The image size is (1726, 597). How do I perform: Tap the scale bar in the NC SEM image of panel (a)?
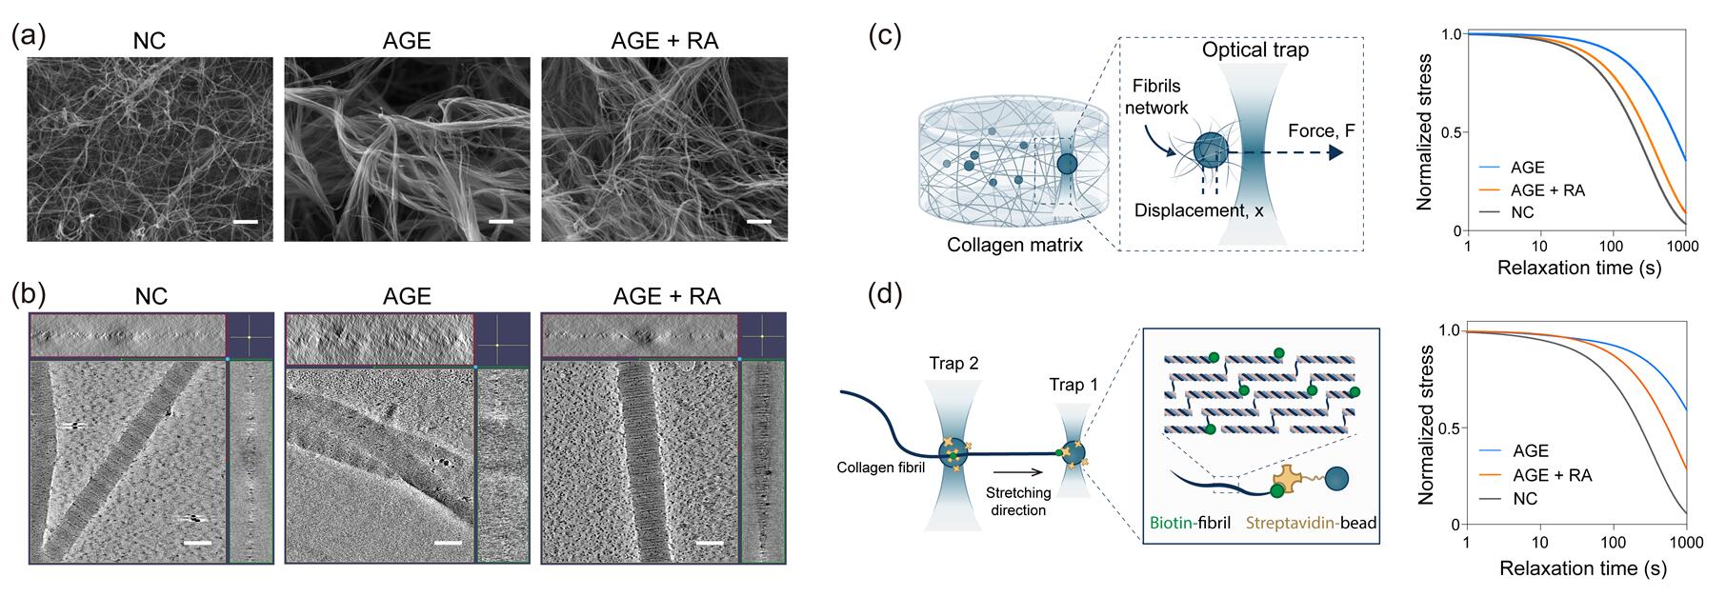point(246,223)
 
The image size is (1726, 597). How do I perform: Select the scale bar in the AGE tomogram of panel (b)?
point(446,544)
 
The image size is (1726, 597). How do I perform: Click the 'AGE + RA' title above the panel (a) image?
point(664,40)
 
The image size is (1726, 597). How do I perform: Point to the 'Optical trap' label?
point(1254,50)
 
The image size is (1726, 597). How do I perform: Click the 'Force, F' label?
point(1322,130)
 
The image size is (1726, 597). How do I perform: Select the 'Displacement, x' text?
point(1198,210)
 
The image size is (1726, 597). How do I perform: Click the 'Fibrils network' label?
point(1156,97)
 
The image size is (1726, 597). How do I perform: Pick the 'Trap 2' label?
point(953,363)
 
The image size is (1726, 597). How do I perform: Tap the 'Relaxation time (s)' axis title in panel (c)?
point(1578,269)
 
